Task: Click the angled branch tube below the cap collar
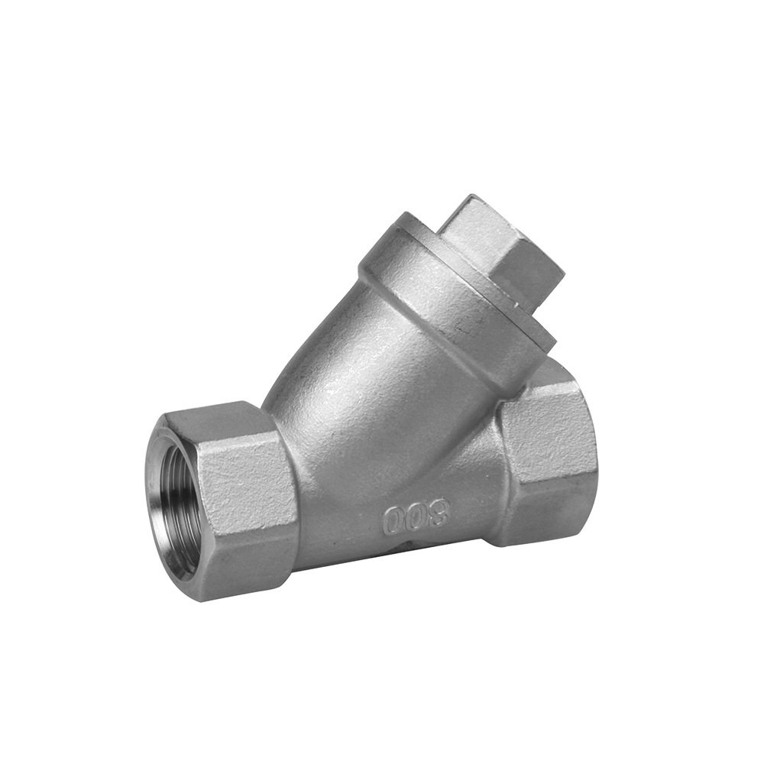point(367,382)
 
